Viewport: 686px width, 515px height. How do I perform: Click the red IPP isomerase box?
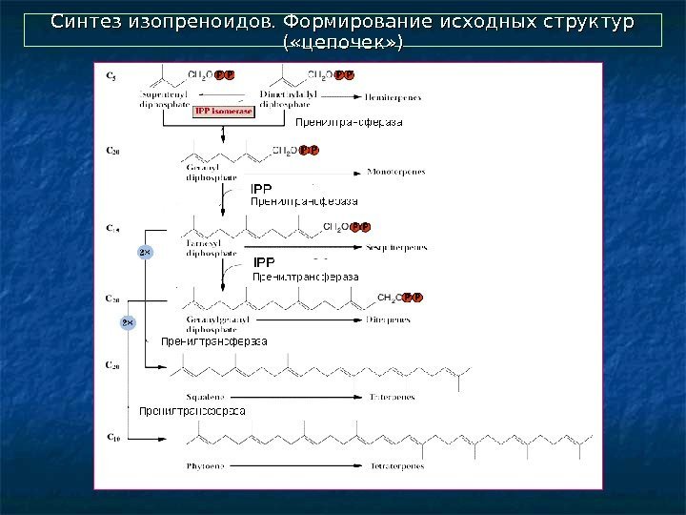point(223,111)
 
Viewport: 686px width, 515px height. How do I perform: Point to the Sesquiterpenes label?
point(395,247)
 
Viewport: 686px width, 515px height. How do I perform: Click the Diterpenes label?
point(388,319)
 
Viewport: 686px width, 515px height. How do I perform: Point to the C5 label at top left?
point(112,74)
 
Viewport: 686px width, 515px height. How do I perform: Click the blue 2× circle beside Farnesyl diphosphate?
point(145,252)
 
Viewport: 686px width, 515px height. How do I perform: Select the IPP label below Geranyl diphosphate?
point(260,189)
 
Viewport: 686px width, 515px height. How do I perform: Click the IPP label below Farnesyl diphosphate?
point(263,261)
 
